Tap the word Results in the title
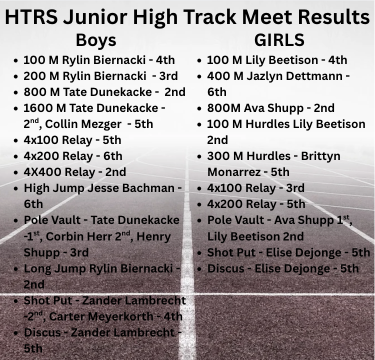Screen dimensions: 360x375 [x=333, y=17]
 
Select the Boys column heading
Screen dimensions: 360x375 [x=96, y=39]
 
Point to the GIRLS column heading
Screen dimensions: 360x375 [x=279, y=39]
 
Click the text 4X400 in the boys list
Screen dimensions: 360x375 [x=38, y=172]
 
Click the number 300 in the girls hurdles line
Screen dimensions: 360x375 [x=218, y=156]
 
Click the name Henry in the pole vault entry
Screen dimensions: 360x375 [x=153, y=236]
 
